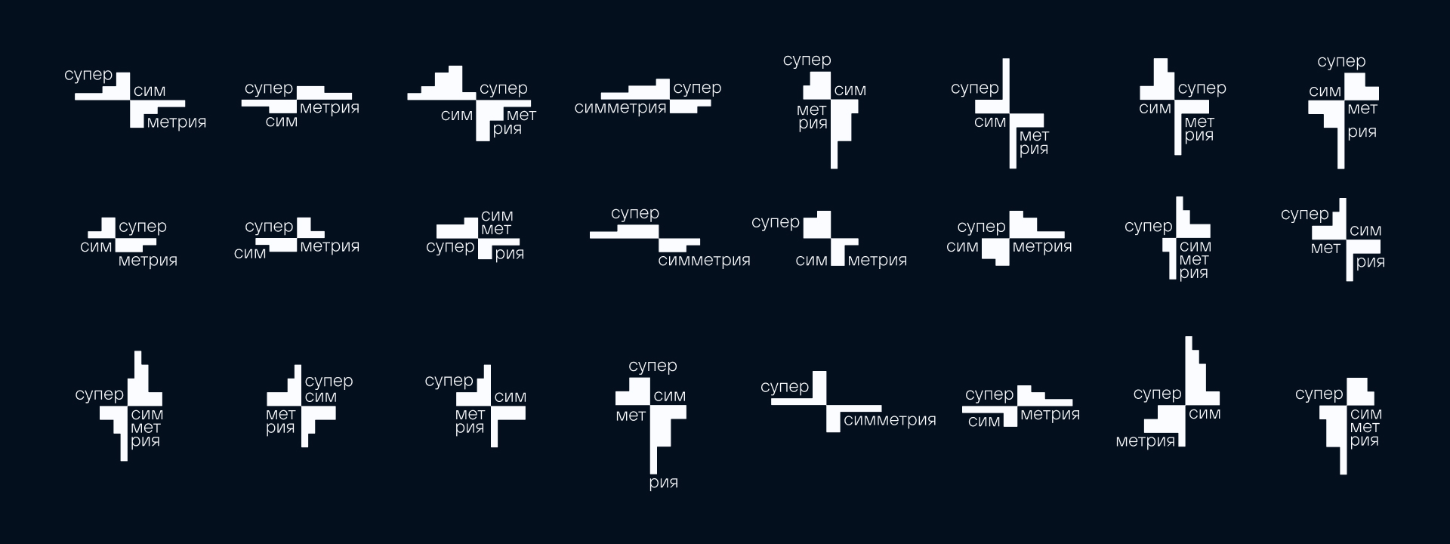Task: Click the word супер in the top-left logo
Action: coord(88,76)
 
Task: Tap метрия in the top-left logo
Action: coord(177,122)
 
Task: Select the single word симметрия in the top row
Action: coord(620,108)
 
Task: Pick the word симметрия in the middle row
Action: coord(704,261)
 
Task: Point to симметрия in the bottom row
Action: coord(890,420)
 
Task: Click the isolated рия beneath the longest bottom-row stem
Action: coord(663,483)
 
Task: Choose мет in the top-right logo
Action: coord(1362,109)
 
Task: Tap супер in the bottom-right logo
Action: coord(1319,394)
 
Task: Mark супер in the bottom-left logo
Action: coord(99,395)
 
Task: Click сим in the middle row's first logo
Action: coord(96,247)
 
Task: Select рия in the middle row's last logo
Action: coord(1370,263)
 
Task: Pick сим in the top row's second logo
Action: coord(281,122)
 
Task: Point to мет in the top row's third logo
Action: coord(521,116)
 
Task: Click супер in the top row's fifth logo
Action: coord(807,60)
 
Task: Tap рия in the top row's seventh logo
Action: coord(1199,136)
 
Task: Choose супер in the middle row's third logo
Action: coord(450,248)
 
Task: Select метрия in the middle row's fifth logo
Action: coord(877,261)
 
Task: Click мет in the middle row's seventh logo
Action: coord(1193,260)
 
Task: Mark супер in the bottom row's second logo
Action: coord(329,382)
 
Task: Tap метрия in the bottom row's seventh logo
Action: coord(1146,441)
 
